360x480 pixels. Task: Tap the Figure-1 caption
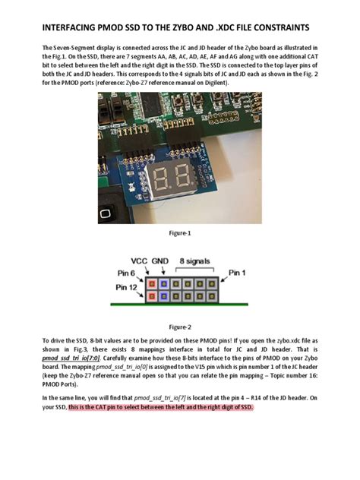[178, 234]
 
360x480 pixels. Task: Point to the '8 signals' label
[195, 261]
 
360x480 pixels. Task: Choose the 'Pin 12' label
[128, 288]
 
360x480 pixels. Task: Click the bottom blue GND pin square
[165, 294]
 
